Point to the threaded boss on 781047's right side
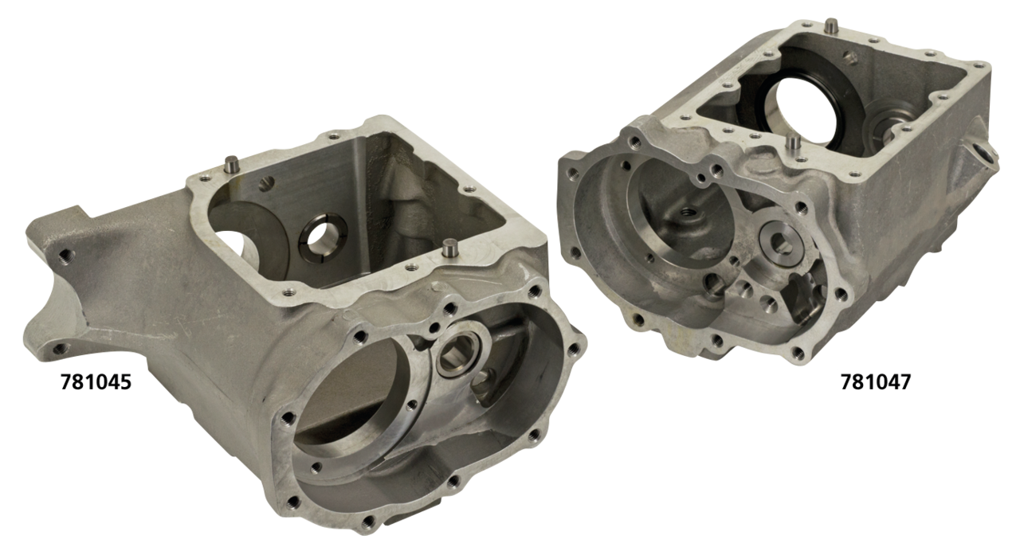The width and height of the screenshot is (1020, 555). pos(983,152)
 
